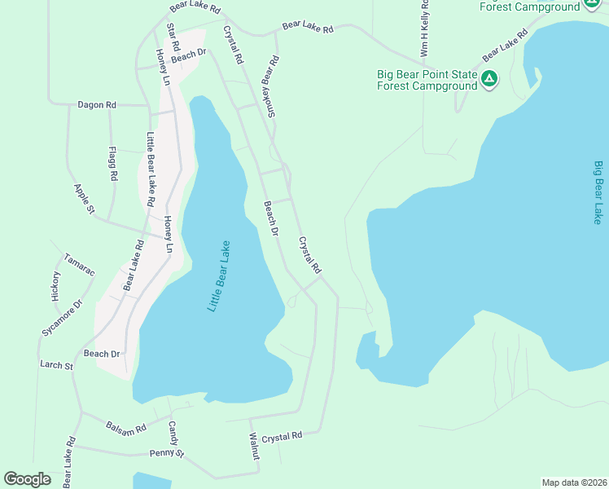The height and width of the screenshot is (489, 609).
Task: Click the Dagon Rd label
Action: [x=97, y=105]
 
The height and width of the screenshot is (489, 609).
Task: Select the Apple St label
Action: [x=85, y=200]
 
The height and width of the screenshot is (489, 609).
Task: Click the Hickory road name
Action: [x=56, y=287]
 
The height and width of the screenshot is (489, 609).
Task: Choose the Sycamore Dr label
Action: [x=62, y=318]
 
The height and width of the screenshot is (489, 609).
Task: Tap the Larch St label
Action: [x=57, y=366]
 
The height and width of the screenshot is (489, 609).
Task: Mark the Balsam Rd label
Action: [x=125, y=427]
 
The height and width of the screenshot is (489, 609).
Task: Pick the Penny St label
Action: [x=167, y=453]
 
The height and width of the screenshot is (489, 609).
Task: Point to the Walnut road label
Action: [x=254, y=447]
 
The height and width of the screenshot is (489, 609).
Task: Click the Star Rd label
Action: [x=172, y=36]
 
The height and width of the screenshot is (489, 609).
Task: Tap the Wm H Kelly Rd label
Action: [x=424, y=29]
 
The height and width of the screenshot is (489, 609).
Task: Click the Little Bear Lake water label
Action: [x=219, y=275]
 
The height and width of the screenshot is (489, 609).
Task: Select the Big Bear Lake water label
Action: [x=598, y=192]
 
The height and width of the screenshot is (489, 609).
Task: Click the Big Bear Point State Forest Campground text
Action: [x=426, y=79]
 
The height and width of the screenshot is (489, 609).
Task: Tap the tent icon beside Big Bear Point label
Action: [x=489, y=79]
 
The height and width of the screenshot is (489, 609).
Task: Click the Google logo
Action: [x=28, y=478]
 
